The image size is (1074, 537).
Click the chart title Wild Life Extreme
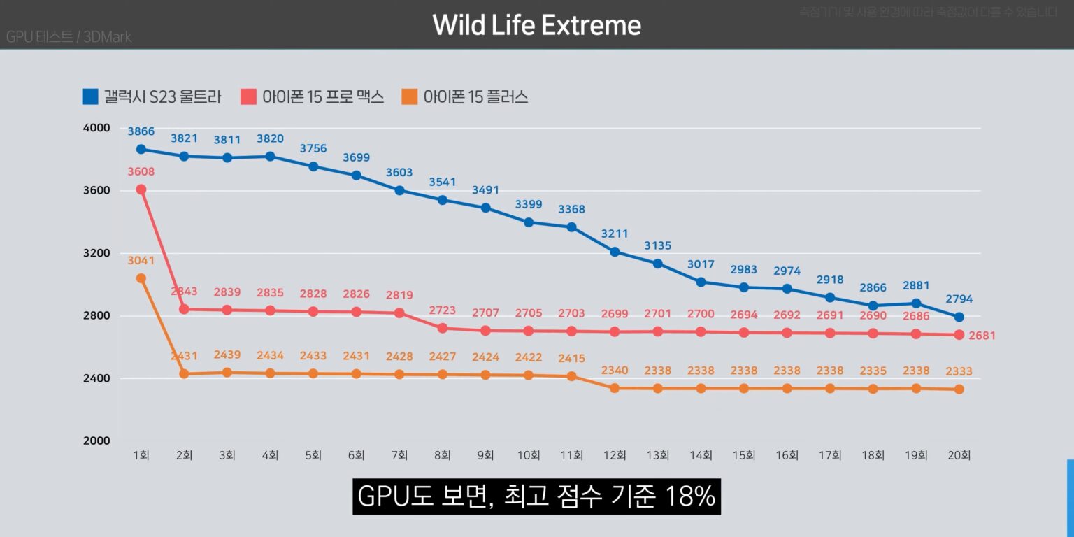536,26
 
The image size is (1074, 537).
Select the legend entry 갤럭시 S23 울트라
152,96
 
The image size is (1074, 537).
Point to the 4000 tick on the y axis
96,128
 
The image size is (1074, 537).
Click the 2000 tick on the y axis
96,441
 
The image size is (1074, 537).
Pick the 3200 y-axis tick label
96,253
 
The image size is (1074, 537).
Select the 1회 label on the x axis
141,455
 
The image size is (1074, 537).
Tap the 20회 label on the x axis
959,455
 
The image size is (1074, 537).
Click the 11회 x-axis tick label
571,455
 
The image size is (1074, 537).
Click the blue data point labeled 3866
141,149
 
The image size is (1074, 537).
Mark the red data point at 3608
141,189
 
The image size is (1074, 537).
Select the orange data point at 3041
141,278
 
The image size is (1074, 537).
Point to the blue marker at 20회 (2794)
959,317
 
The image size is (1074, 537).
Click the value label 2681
982,336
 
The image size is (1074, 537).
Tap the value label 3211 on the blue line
615,234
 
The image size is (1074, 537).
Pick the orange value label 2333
959,371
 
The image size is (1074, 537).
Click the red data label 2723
442,309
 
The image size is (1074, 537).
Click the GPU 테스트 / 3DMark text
69,37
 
